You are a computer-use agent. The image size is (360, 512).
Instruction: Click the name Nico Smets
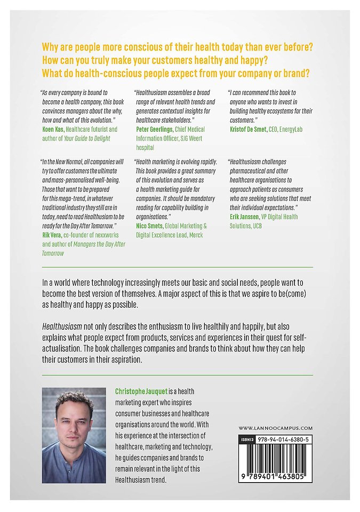click(151, 226)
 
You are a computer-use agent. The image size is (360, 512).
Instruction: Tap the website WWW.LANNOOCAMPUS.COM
click(275, 428)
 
